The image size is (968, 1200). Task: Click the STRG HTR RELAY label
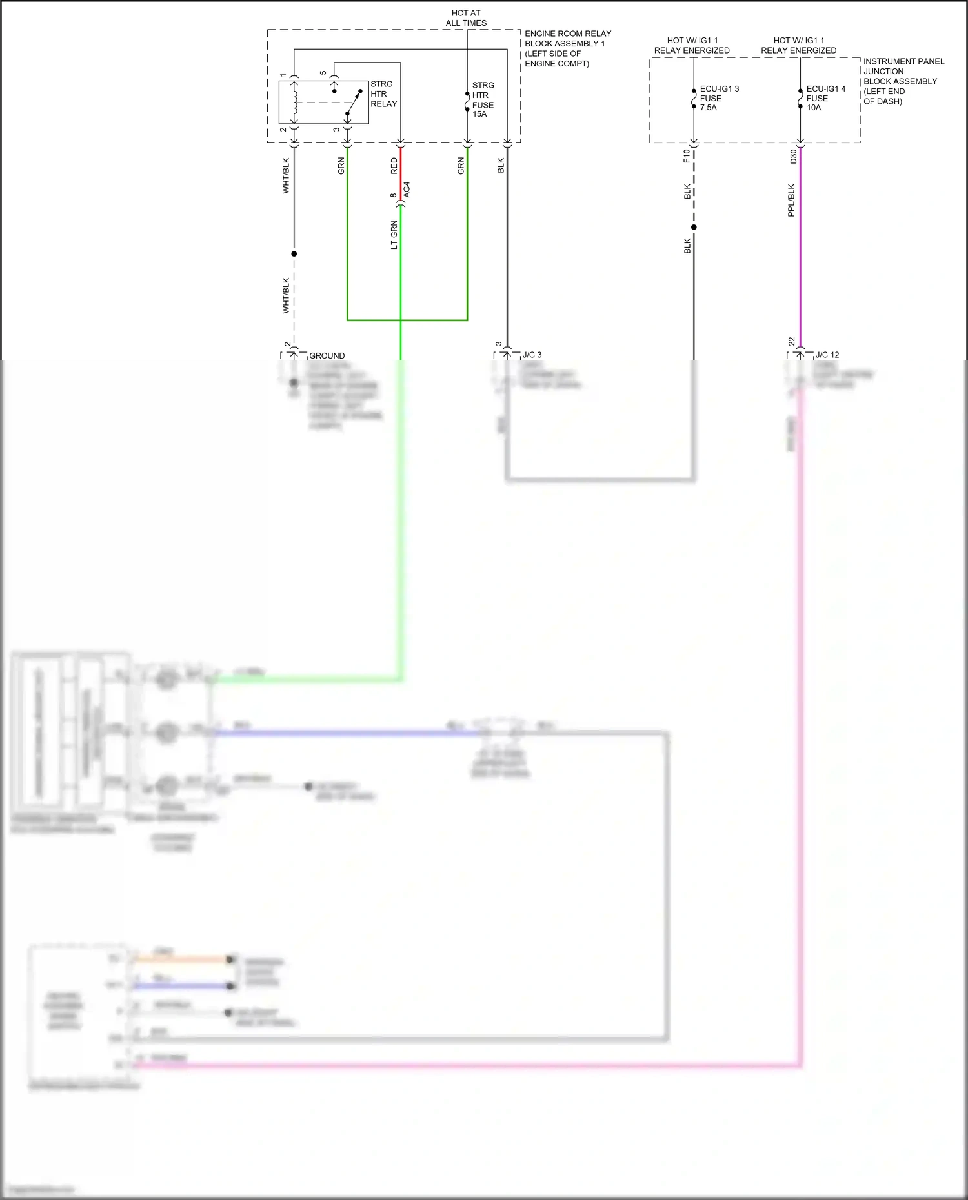tap(383, 94)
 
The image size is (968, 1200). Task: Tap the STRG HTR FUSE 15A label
tap(483, 100)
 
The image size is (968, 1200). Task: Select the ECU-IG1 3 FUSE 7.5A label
tap(719, 98)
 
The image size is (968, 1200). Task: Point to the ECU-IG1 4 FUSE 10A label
tap(825, 98)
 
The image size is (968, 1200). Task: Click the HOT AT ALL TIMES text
tap(466, 18)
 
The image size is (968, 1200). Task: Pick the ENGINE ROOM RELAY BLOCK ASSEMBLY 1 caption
tap(567, 48)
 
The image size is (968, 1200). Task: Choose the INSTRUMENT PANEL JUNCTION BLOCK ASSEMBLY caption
tap(903, 81)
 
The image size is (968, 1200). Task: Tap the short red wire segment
tap(401, 174)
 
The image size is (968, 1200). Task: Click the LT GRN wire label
tap(394, 235)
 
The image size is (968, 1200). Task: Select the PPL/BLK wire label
tap(791, 201)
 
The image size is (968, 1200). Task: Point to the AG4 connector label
tap(407, 190)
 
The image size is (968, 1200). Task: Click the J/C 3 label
tap(532, 355)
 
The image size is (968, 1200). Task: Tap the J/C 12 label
tap(827, 355)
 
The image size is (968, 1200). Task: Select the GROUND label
tap(327, 356)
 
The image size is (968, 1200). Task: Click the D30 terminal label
tap(793, 157)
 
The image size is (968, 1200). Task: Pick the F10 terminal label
tap(687, 156)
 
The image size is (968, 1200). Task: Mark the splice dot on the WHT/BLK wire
tap(294, 254)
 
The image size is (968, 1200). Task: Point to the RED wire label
tap(394, 166)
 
